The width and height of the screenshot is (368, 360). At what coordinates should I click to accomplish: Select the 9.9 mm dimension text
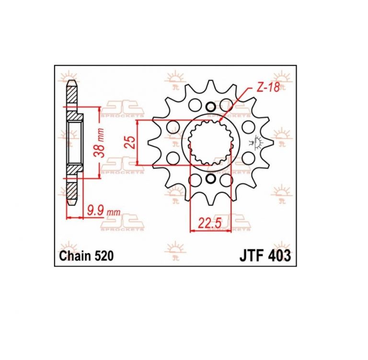point(103,212)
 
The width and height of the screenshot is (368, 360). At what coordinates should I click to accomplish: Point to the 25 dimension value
point(129,142)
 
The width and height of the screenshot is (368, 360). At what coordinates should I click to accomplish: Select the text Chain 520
point(86,256)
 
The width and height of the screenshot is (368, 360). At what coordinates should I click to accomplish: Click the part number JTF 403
point(265,256)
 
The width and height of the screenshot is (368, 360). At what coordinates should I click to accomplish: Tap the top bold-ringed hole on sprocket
point(210,107)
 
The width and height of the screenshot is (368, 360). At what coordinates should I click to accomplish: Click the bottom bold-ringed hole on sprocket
point(210,179)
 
